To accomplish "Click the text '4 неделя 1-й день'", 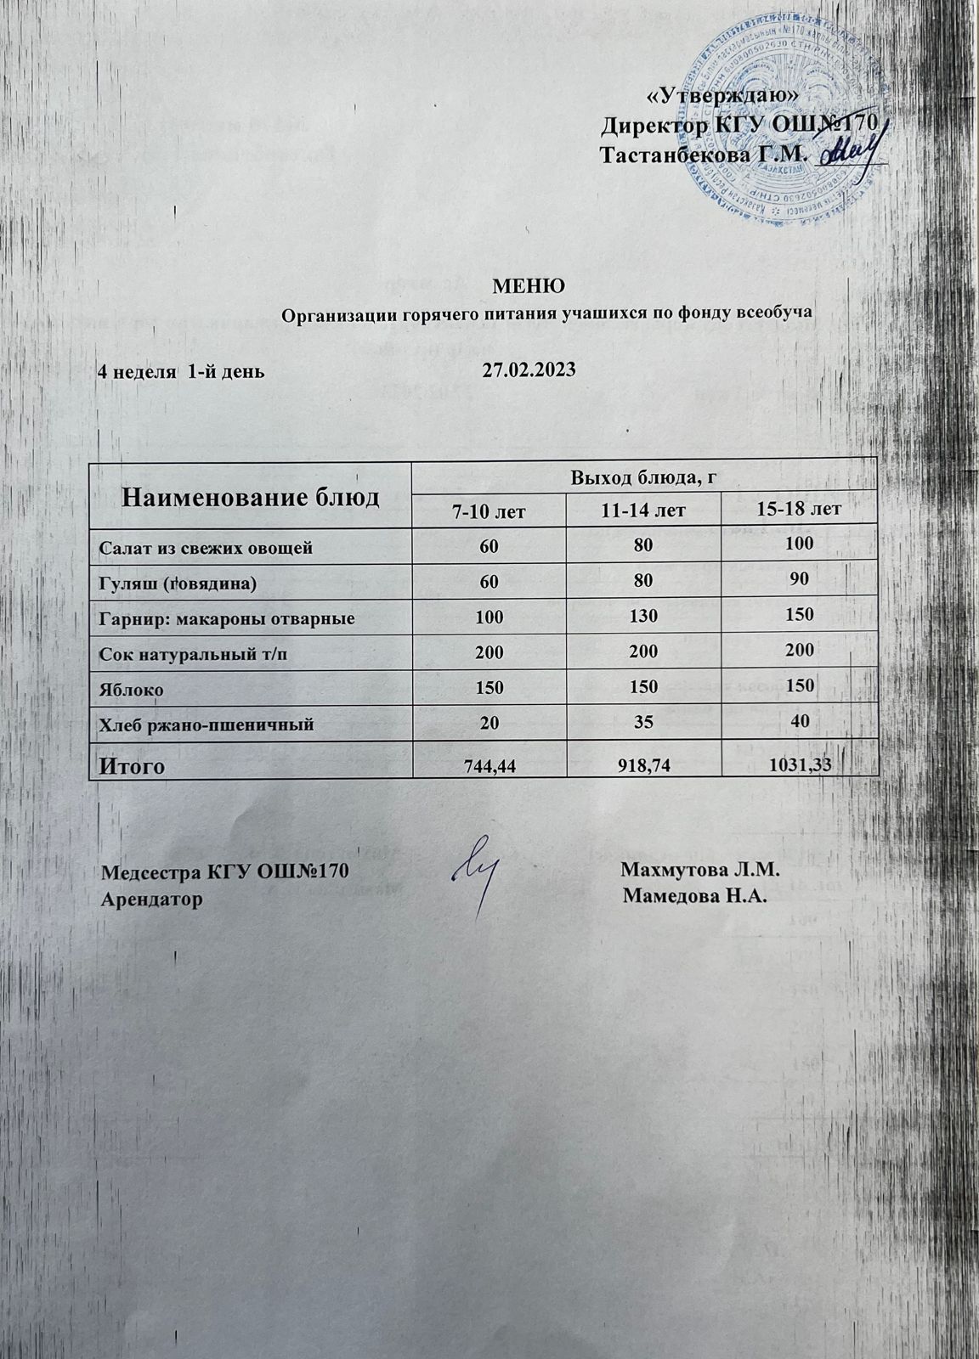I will pos(181,371).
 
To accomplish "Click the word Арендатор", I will pos(152,899).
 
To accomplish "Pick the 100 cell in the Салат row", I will pos(798,543).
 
